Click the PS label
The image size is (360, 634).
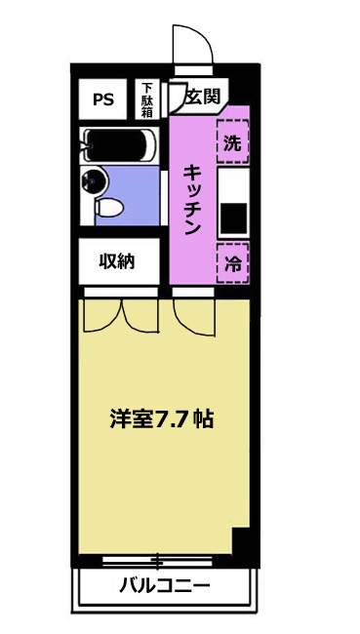click(x=103, y=99)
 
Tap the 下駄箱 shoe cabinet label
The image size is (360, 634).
click(x=147, y=99)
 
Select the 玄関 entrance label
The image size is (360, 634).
click(x=203, y=97)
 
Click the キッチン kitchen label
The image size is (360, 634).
click(x=192, y=200)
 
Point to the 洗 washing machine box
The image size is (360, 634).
click(x=232, y=142)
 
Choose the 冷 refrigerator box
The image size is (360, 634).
click(x=232, y=263)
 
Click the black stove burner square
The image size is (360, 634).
click(x=233, y=218)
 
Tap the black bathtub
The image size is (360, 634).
click(x=116, y=144)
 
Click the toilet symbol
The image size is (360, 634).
click(x=108, y=208)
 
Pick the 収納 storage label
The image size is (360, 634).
click(x=117, y=262)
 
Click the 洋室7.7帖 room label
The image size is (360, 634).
click(x=161, y=419)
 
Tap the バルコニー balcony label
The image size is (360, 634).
click(x=165, y=585)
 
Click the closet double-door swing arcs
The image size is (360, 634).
click(x=121, y=316)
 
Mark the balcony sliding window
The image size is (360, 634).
click(x=157, y=561)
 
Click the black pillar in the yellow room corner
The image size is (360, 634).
click(x=242, y=541)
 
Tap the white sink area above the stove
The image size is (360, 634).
click(x=233, y=184)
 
